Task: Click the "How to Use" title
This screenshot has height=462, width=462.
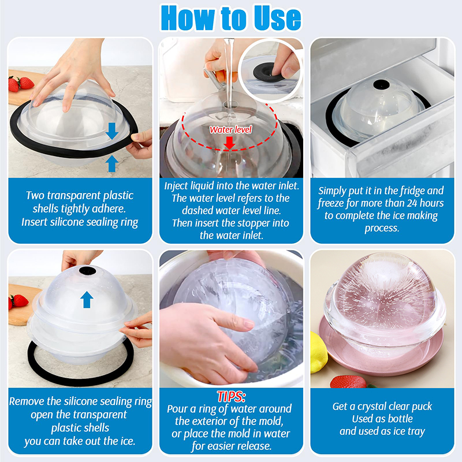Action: [x=231, y=18]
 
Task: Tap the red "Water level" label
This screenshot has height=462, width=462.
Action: [x=230, y=129]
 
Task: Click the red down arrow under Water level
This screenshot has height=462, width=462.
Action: [x=229, y=143]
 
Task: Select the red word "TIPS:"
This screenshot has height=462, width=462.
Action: [x=232, y=397]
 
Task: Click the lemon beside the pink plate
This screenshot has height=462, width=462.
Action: [x=319, y=352]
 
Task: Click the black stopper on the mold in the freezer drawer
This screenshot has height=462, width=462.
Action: [x=381, y=84]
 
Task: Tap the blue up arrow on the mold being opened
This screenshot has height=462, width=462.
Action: [x=87, y=300]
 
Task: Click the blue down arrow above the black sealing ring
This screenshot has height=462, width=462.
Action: [x=112, y=131]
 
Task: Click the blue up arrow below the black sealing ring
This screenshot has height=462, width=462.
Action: [x=111, y=164]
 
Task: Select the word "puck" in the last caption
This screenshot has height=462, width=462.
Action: [x=421, y=407]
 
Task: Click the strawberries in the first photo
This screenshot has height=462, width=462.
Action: [x=21, y=84]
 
